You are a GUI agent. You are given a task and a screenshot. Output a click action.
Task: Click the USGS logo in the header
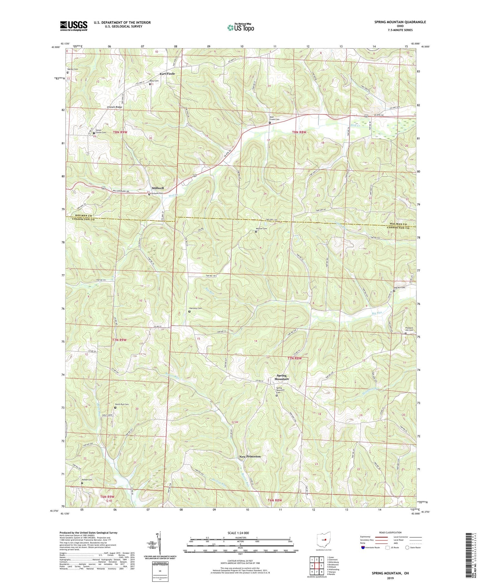[x=74, y=26]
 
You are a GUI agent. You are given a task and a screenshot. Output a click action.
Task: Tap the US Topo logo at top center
[x=240, y=27]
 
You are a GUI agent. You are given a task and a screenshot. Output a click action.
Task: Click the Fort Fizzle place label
[x=167, y=74]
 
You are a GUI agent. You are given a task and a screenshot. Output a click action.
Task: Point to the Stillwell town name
[x=158, y=188]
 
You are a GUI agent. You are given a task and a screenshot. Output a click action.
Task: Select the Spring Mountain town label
[x=281, y=377]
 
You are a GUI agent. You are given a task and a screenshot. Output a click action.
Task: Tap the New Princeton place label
[x=250, y=457]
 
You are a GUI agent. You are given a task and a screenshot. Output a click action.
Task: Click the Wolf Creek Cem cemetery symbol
[x=270, y=123]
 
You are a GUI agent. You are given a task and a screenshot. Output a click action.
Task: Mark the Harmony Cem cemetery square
[x=189, y=311]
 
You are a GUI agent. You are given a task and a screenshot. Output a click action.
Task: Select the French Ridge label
[x=115, y=107]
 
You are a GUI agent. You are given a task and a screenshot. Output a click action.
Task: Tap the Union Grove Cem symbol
[x=94, y=133]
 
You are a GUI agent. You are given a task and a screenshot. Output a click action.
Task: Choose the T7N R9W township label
[x=119, y=340]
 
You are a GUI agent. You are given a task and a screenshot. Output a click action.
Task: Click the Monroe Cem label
[x=262, y=229]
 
